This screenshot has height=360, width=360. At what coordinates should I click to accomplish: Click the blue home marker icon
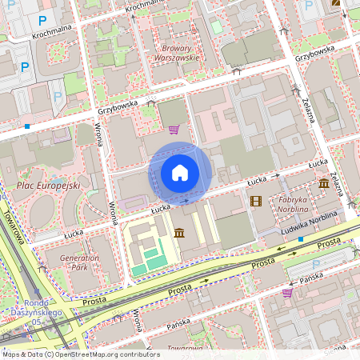180,172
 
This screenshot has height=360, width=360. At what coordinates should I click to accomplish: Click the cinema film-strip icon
255,201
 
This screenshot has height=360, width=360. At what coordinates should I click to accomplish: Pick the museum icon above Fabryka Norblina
323,184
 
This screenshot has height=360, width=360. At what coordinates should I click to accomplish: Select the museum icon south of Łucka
179,233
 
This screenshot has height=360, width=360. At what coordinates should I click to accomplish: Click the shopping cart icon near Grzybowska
174,129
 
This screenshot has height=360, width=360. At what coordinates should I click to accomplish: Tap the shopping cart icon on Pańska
287,292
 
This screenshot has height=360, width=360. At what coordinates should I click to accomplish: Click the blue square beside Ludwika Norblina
300,238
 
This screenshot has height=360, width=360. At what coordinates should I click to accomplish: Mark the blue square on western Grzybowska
27,126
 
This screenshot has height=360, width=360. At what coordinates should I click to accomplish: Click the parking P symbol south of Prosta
316,264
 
